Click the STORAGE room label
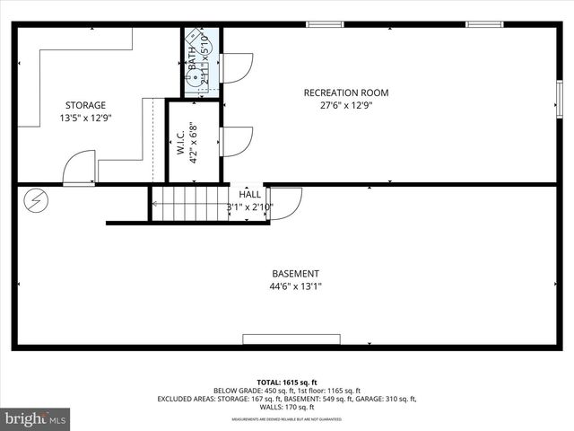(x=85, y=105)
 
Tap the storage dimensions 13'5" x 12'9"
(x=85, y=118)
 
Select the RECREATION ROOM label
(x=346, y=92)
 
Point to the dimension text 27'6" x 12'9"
(x=346, y=105)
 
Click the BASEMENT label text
(x=295, y=274)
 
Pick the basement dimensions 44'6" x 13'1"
(x=295, y=286)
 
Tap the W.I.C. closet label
(x=181, y=144)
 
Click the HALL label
(x=250, y=194)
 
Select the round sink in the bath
(x=193, y=76)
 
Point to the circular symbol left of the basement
(x=37, y=200)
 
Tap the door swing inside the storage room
(x=78, y=167)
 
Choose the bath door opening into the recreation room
(x=237, y=68)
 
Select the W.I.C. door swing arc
(x=237, y=142)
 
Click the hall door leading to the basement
(x=285, y=203)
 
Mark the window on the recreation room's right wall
(x=559, y=92)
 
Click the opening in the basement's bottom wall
(x=291, y=340)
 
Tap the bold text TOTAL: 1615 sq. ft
(x=286, y=382)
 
